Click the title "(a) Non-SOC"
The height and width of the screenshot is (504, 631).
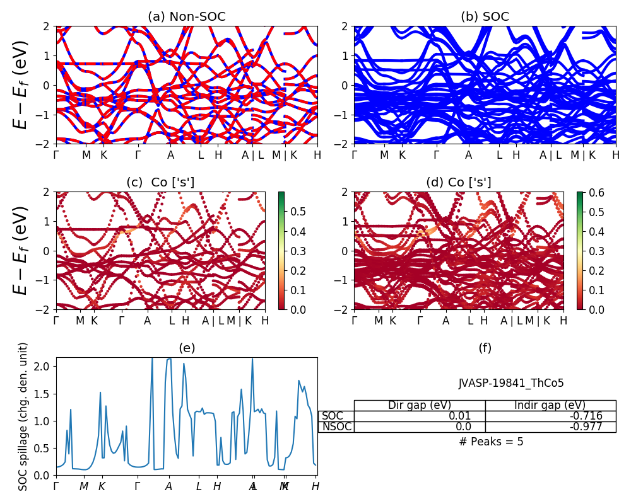click(186, 17)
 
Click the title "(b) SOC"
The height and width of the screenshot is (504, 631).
click(485, 17)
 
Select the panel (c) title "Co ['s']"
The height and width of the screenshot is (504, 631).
click(160, 183)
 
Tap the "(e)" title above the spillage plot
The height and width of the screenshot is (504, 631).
click(186, 348)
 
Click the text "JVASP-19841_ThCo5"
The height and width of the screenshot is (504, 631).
click(511, 383)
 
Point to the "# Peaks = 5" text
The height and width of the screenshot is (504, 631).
click(491, 442)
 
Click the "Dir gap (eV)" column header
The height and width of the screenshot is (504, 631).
click(419, 405)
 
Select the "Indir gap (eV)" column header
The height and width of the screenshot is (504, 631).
click(550, 405)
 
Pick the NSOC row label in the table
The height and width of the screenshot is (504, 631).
click(336, 427)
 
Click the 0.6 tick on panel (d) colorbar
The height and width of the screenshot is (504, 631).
click(597, 193)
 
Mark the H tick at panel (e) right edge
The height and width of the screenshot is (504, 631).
click(315, 486)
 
